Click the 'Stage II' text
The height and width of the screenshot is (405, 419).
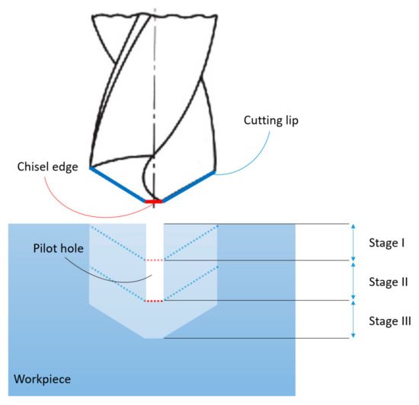coord(388,281)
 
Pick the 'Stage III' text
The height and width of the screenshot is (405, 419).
coord(389,320)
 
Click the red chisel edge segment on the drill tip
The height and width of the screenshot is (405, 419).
coord(155,201)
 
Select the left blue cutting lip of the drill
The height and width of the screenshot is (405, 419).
coord(117,184)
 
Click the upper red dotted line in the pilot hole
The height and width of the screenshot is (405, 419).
coord(155,260)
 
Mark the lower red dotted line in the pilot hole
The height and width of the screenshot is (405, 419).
coord(155,301)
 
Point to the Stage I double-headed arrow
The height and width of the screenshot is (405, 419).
coord(353,242)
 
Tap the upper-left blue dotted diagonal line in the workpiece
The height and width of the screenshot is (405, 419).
coord(118,243)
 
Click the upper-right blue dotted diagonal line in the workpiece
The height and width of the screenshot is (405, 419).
coord(191,243)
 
